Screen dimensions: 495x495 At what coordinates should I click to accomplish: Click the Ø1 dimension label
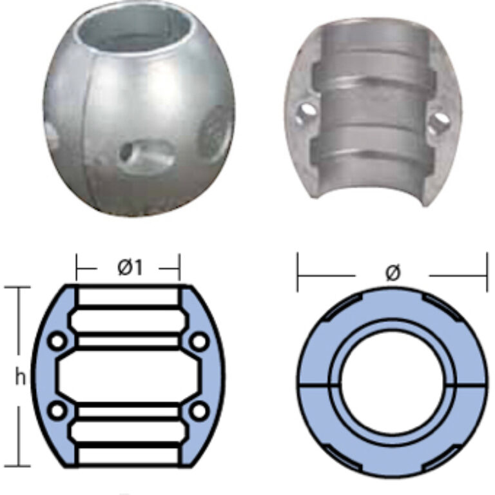[x=130, y=268]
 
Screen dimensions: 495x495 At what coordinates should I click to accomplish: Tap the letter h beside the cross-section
[x=21, y=377]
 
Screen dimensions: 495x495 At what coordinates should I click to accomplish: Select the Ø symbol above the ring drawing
[x=393, y=273]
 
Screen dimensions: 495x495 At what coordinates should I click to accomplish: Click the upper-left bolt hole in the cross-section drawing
[x=57, y=341]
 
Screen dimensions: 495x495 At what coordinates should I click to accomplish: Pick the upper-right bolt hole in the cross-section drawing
[x=200, y=341]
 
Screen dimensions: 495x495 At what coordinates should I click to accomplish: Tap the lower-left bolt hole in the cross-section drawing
[x=57, y=411]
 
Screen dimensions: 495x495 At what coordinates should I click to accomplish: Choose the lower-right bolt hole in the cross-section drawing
[x=200, y=411]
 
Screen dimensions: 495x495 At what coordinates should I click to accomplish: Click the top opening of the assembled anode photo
[x=135, y=28]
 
